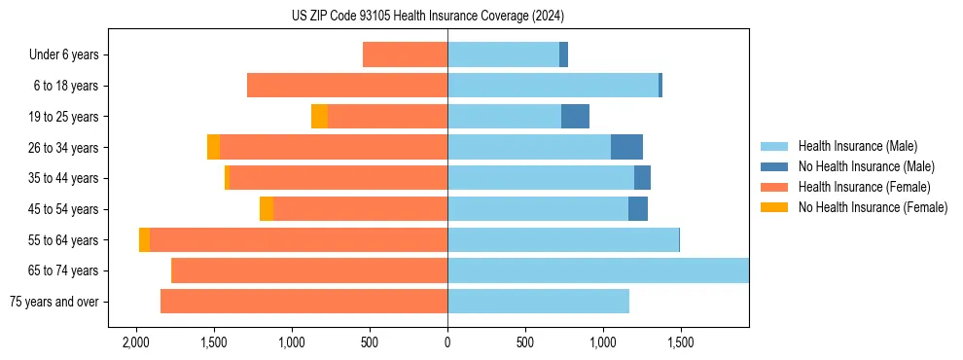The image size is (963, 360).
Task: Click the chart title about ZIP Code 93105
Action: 427,16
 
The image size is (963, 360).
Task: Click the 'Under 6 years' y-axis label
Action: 70,55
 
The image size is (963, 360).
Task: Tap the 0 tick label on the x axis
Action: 447,343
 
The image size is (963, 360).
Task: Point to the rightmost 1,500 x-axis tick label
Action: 680,343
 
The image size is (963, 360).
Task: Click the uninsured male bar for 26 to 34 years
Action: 626,147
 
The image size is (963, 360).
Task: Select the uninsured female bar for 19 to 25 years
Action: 319,117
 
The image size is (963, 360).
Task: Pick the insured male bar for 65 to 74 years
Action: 597,270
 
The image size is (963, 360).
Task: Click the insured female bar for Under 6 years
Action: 405,54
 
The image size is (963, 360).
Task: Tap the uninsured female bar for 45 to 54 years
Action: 267,209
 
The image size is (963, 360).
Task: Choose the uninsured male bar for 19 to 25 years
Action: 575,117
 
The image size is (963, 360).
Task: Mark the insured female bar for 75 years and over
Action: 303,302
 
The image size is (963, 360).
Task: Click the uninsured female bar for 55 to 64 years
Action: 145,239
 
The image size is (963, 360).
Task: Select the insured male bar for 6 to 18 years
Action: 553,86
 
